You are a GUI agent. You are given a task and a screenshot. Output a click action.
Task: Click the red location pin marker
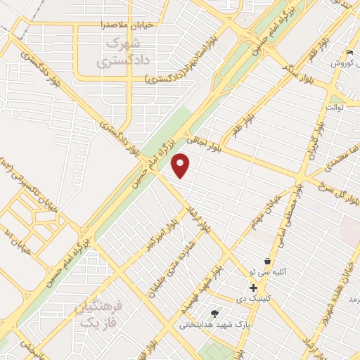tap(181, 165)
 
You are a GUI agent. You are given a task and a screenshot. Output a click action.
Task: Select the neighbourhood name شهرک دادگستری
tap(116, 53)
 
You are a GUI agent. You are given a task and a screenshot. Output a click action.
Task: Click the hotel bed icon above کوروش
tap(349, 53)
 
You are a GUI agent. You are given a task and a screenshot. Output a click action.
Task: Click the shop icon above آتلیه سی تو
tap(267, 262)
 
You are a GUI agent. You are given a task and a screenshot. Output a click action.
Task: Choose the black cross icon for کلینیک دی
tap(252, 288)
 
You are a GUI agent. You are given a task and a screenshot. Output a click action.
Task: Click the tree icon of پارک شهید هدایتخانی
tap(214, 314)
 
